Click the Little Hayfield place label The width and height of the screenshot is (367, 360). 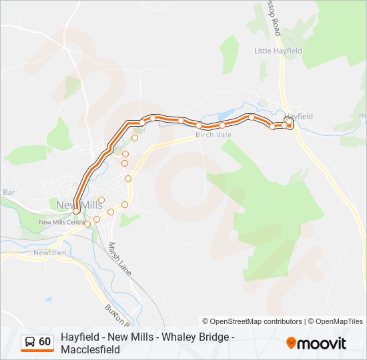click(278, 51)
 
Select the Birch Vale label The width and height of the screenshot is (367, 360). click(214, 135)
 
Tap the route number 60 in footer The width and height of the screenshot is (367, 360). click(45, 342)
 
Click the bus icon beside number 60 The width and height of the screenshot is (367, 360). click(30, 342)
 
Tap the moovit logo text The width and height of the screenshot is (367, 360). click(323, 343)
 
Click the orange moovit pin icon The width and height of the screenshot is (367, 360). click(292, 343)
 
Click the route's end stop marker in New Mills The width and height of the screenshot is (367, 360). click(76, 211)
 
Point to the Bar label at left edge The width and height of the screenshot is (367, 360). click(9, 192)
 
